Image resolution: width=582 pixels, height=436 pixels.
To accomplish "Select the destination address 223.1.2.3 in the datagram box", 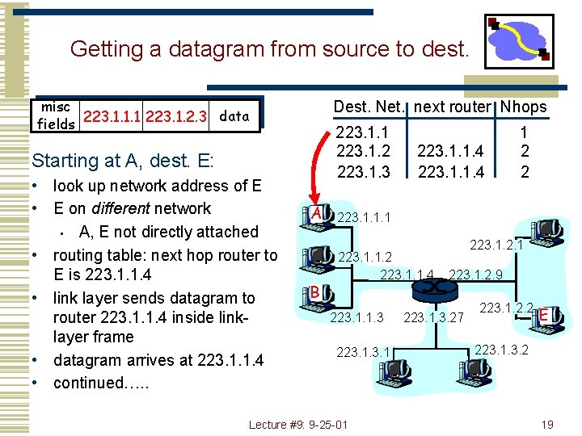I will pos(179,117).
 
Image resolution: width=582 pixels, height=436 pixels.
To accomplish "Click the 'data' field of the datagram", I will pos(234,116).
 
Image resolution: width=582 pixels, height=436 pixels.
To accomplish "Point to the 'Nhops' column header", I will pos(523,107).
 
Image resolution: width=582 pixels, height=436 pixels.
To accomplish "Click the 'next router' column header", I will pos(452,107).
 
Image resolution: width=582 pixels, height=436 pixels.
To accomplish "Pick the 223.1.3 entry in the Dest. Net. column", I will pos(363,171).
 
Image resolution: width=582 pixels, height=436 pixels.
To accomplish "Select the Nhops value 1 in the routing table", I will pos(524,132).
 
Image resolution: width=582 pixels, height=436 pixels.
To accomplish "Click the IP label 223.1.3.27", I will pos(433,318).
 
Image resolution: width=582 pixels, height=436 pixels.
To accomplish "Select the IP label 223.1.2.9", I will pos(476,275).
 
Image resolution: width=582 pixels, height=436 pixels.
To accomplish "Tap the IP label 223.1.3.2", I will pos(501,349).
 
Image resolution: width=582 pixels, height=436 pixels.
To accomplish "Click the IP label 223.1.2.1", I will pos(496,244).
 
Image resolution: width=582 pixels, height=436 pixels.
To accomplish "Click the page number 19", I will pos(547,425).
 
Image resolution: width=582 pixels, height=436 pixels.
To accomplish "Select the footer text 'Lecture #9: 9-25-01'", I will pos(298,425).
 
